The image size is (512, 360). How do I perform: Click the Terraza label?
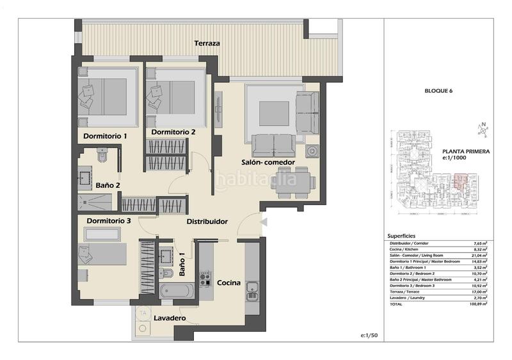208,44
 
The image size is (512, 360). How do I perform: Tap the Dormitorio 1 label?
105,136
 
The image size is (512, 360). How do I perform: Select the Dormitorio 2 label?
173,133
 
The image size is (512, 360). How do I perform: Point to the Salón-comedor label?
268,163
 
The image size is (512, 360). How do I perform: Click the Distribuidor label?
207,222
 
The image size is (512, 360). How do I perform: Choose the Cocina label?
228,282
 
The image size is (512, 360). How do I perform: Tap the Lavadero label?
170,318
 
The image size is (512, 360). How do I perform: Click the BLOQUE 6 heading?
438,92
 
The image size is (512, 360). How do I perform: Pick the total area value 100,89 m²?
477,304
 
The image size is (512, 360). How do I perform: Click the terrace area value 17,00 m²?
477,291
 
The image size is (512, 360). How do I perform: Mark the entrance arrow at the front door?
264,221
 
